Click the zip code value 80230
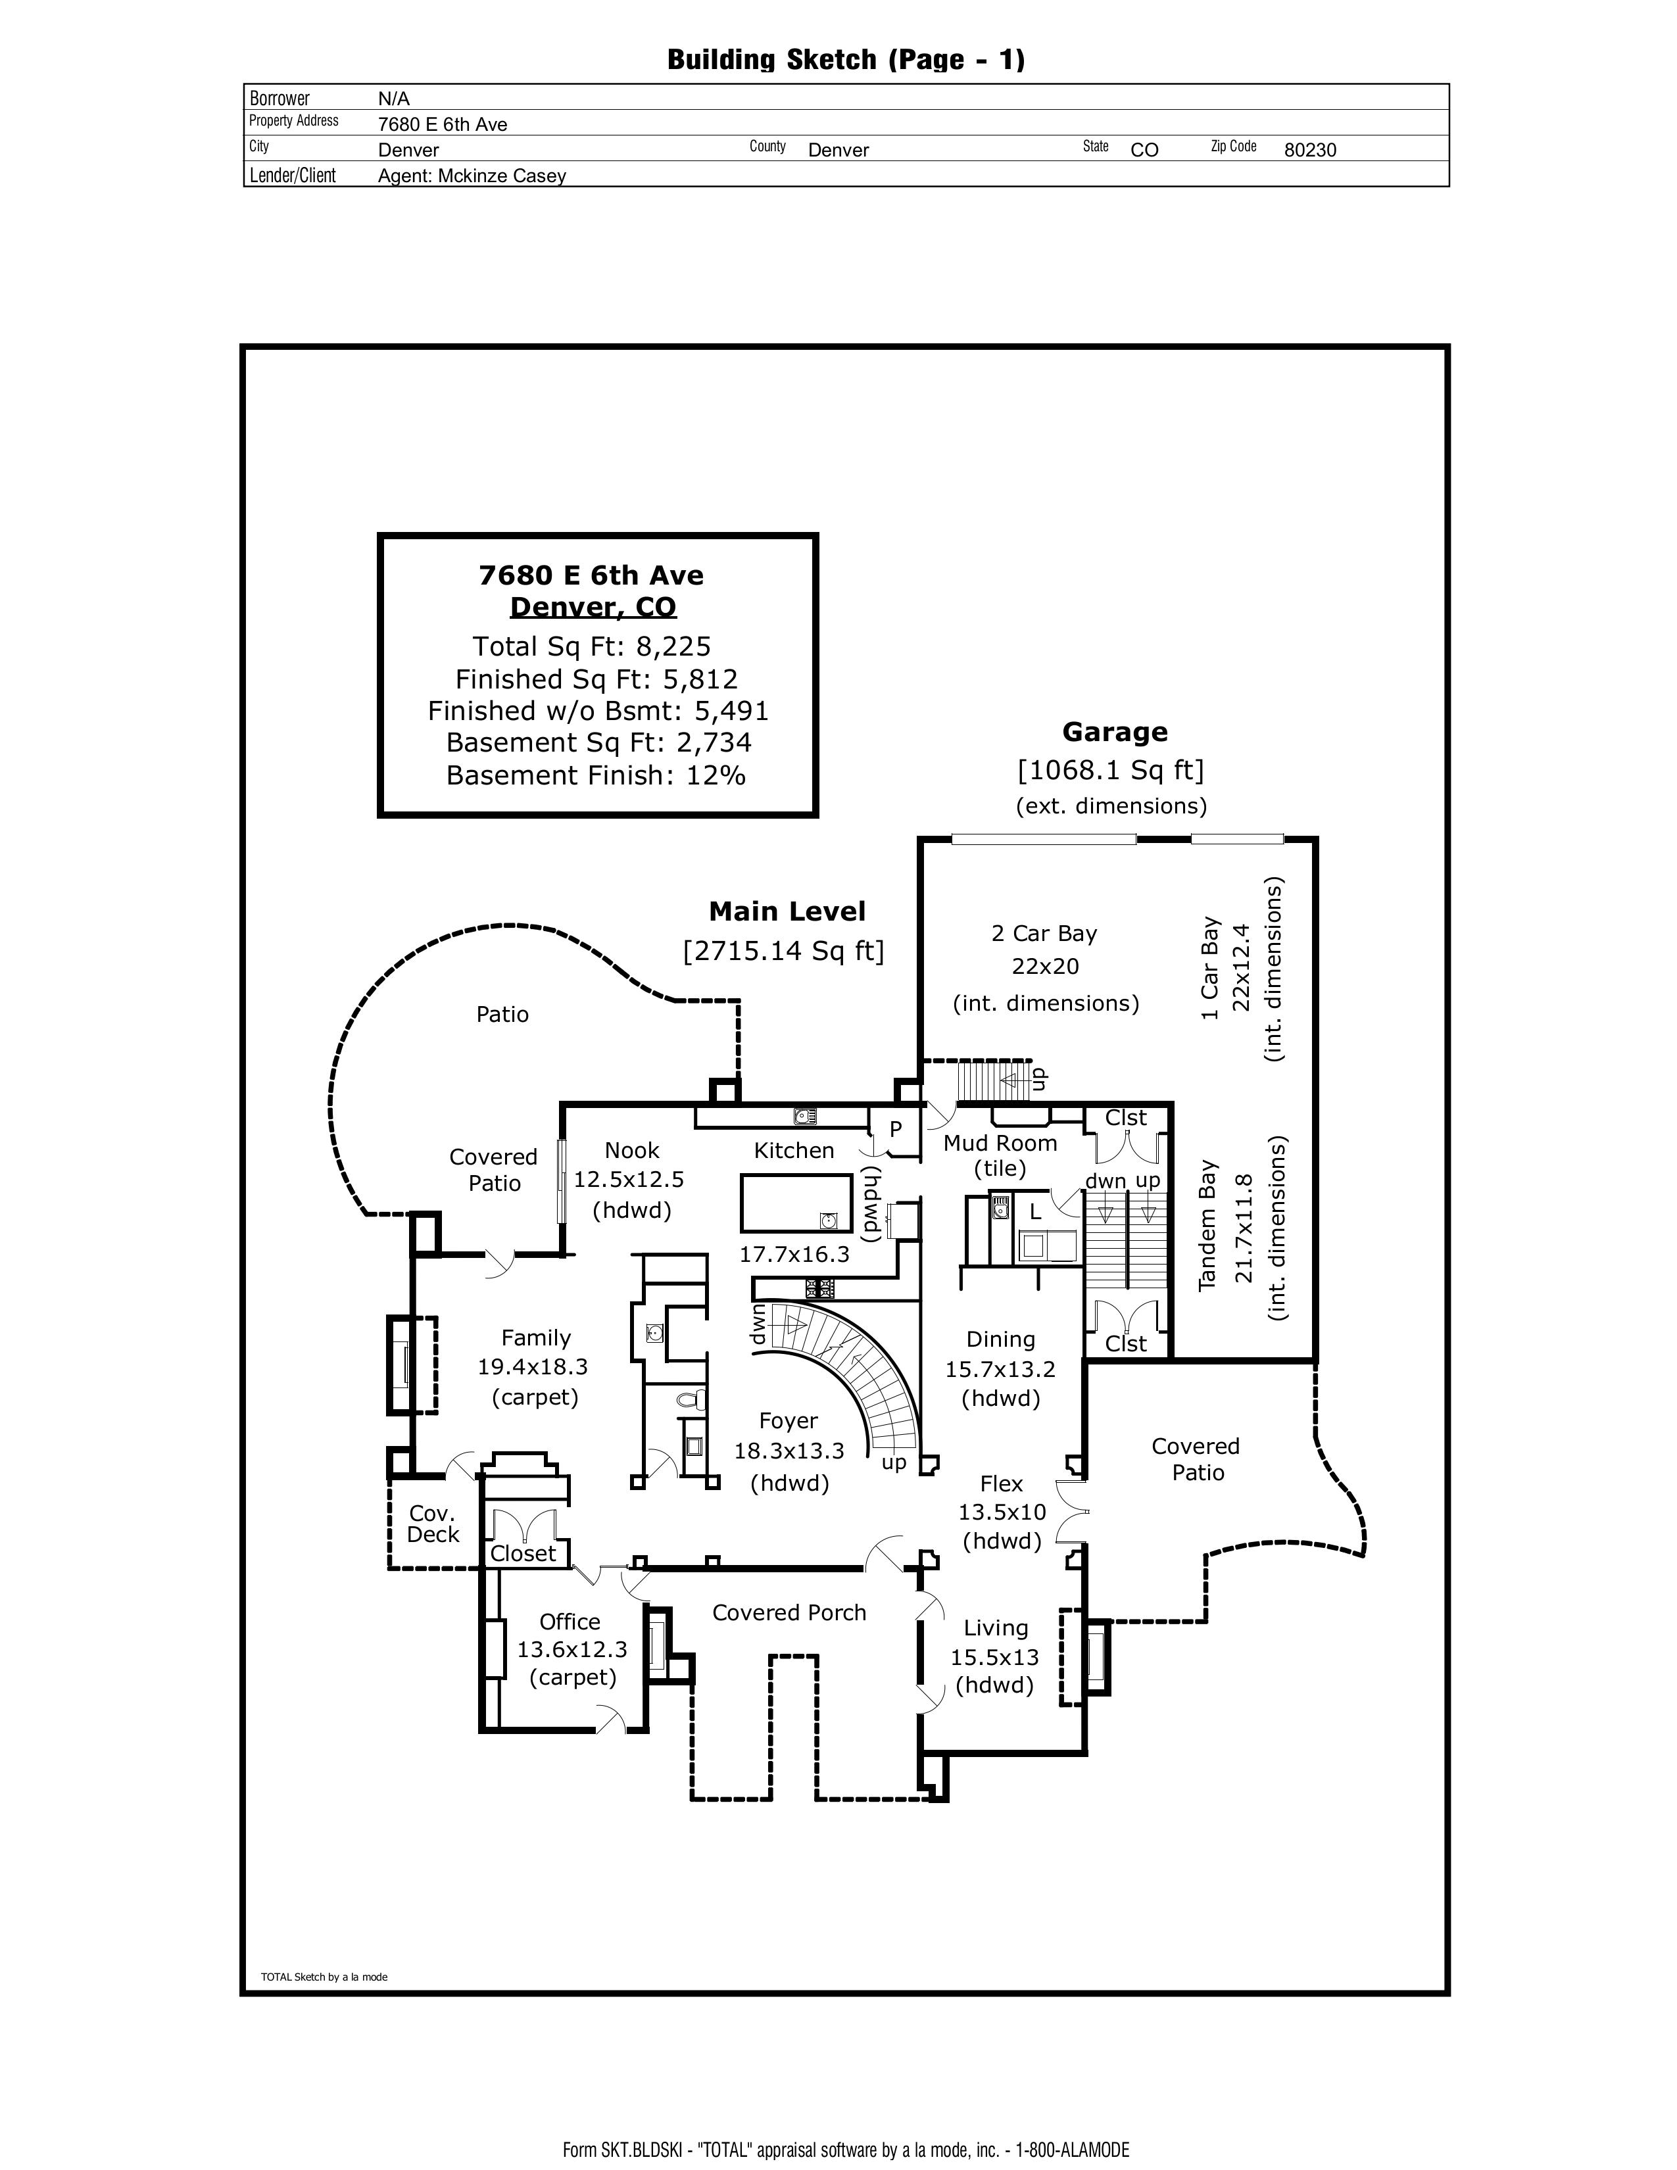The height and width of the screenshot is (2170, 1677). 1309,150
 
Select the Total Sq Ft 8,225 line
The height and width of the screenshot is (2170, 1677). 592,647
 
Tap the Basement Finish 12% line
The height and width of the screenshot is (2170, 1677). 595,775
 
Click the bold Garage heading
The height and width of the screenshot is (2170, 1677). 1115,733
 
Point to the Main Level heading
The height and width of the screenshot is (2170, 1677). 787,911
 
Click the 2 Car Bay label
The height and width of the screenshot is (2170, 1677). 1044,934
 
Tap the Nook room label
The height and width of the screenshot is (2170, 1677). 632,1151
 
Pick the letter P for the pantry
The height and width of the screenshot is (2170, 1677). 895,1130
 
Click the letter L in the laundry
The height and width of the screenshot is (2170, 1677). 1034,1212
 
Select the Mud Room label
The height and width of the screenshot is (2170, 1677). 1000,1144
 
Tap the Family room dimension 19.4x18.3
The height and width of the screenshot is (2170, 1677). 533,1367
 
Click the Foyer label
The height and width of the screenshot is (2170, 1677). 788,1422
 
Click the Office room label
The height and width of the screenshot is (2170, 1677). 570,1622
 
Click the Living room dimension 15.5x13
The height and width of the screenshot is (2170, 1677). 994,1657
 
